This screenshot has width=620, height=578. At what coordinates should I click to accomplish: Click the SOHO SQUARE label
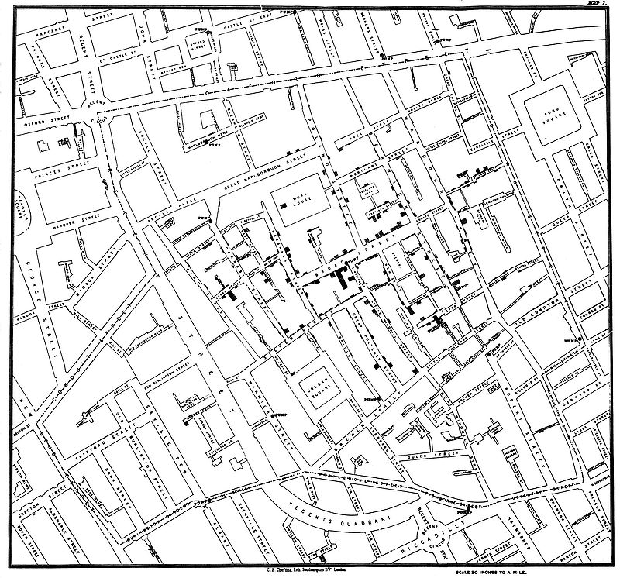pyautogui.click(x=555, y=116)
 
